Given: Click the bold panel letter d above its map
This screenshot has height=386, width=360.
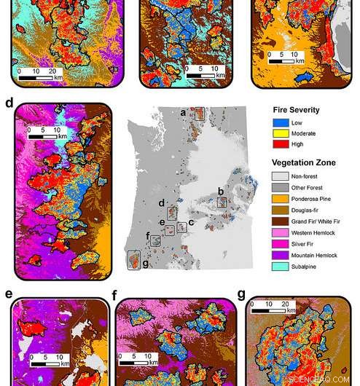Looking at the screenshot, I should (9, 103).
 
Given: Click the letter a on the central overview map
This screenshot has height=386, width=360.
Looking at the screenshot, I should (184, 111).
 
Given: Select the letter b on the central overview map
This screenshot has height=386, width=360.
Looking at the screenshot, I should (221, 191).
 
